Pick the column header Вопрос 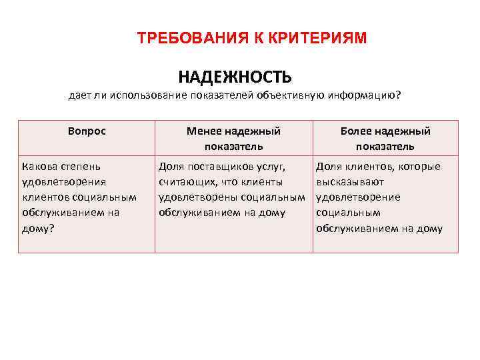[x=87, y=131]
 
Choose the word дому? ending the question [x=38, y=228]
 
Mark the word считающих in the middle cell [x=187, y=182]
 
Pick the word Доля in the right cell [x=327, y=166]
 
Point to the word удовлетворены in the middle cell [x=197, y=197]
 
